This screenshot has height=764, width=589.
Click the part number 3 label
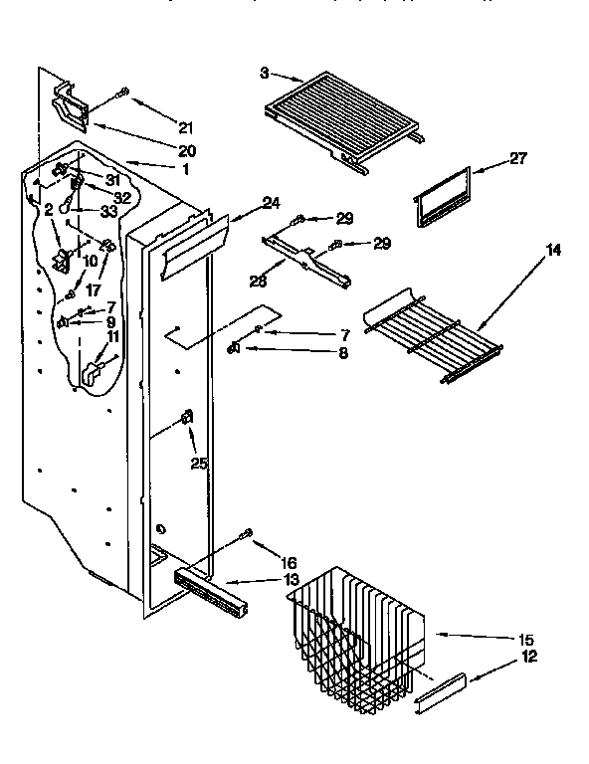[x=265, y=73]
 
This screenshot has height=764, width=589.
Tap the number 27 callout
[x=517, y=157]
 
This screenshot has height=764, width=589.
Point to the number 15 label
[x=525, y=639]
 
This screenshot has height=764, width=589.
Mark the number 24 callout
[x=271, y=202]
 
